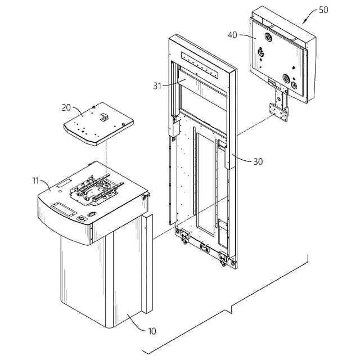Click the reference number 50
(x=324, y=10)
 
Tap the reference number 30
(x=258, y=161)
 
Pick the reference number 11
(x=35, y=181)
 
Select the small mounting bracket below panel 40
(x=279, y=112)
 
